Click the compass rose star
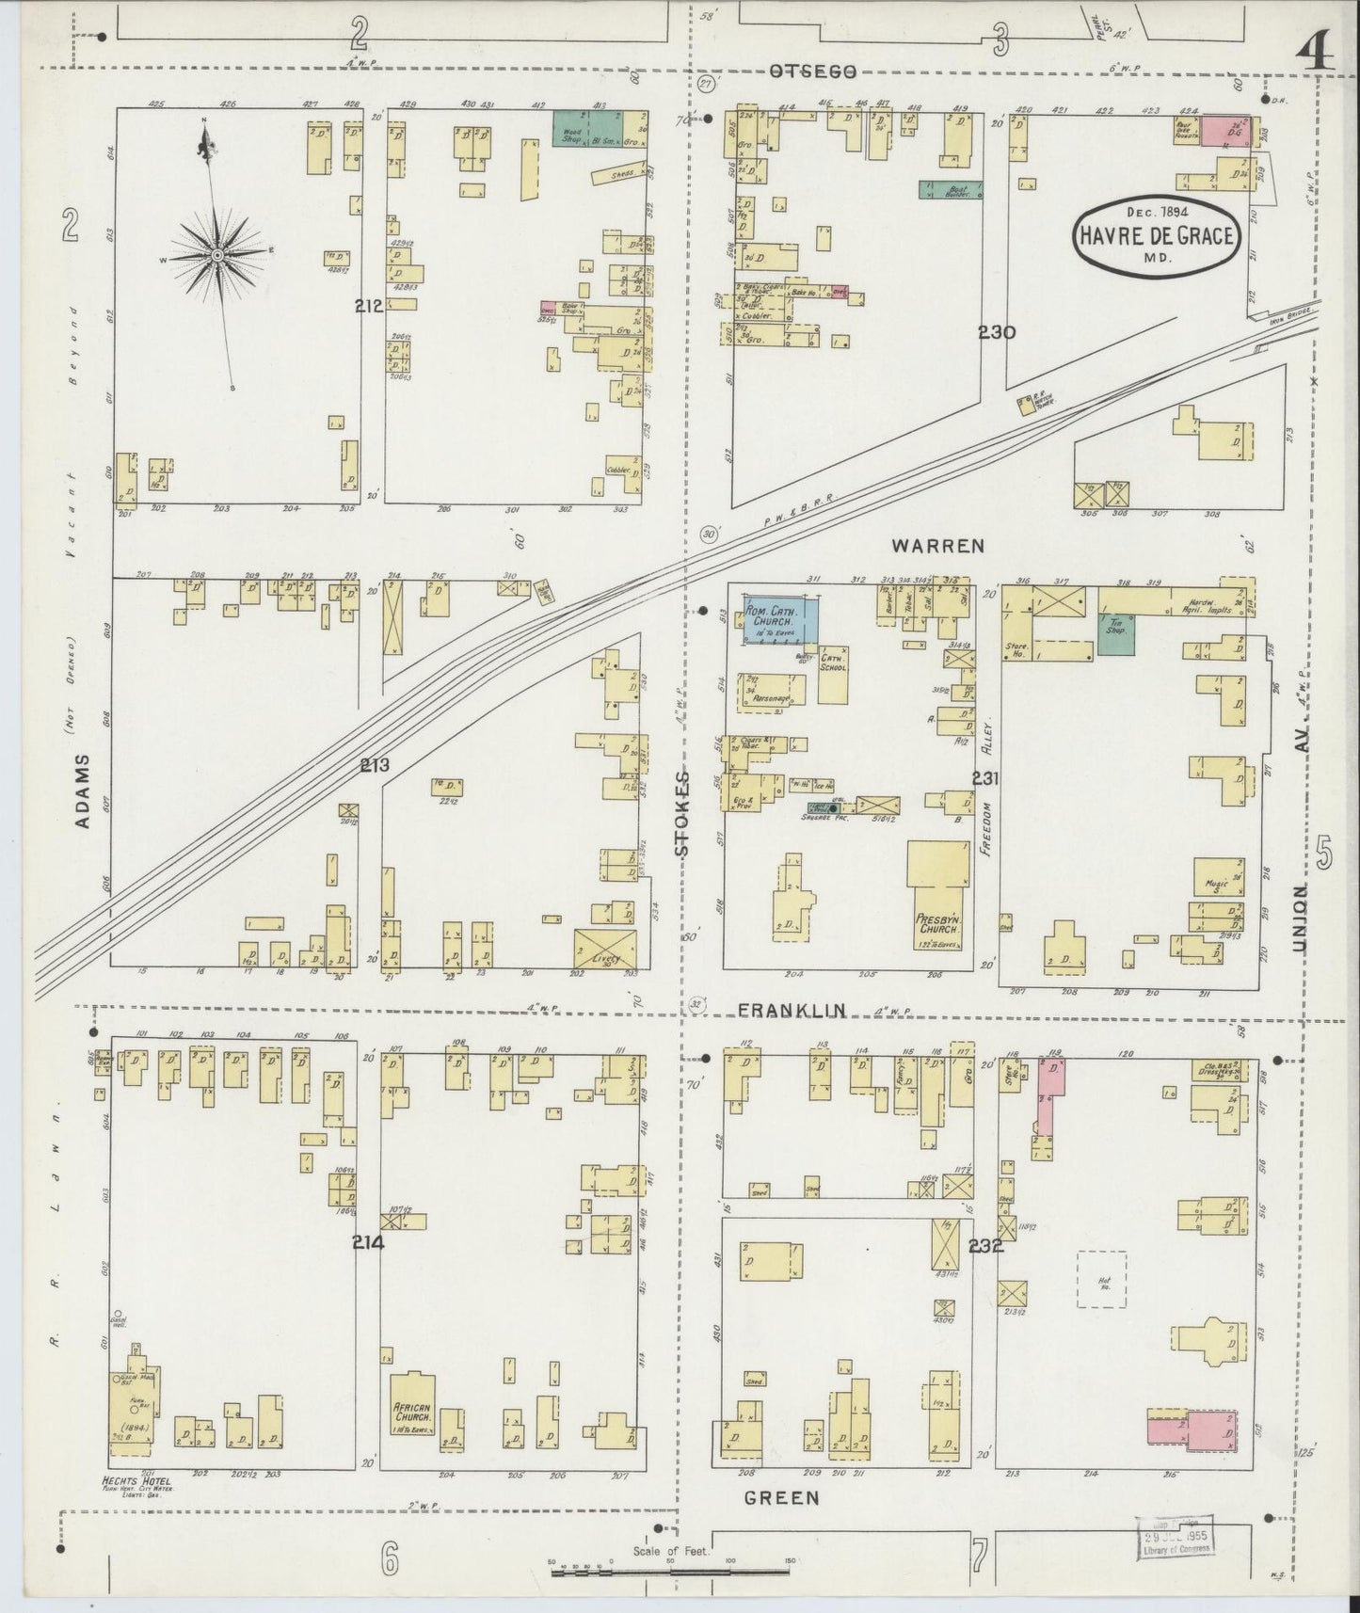(217, 255)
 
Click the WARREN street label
(937, 545)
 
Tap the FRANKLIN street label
(791, 1010)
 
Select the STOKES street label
(681, 813)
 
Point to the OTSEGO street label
(811, 72)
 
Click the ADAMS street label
(83, 791)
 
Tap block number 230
(996, 331)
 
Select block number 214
(368, 1241)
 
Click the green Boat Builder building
(951, 189)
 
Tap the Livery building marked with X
(604, 948)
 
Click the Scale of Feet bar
(670, 1569)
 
